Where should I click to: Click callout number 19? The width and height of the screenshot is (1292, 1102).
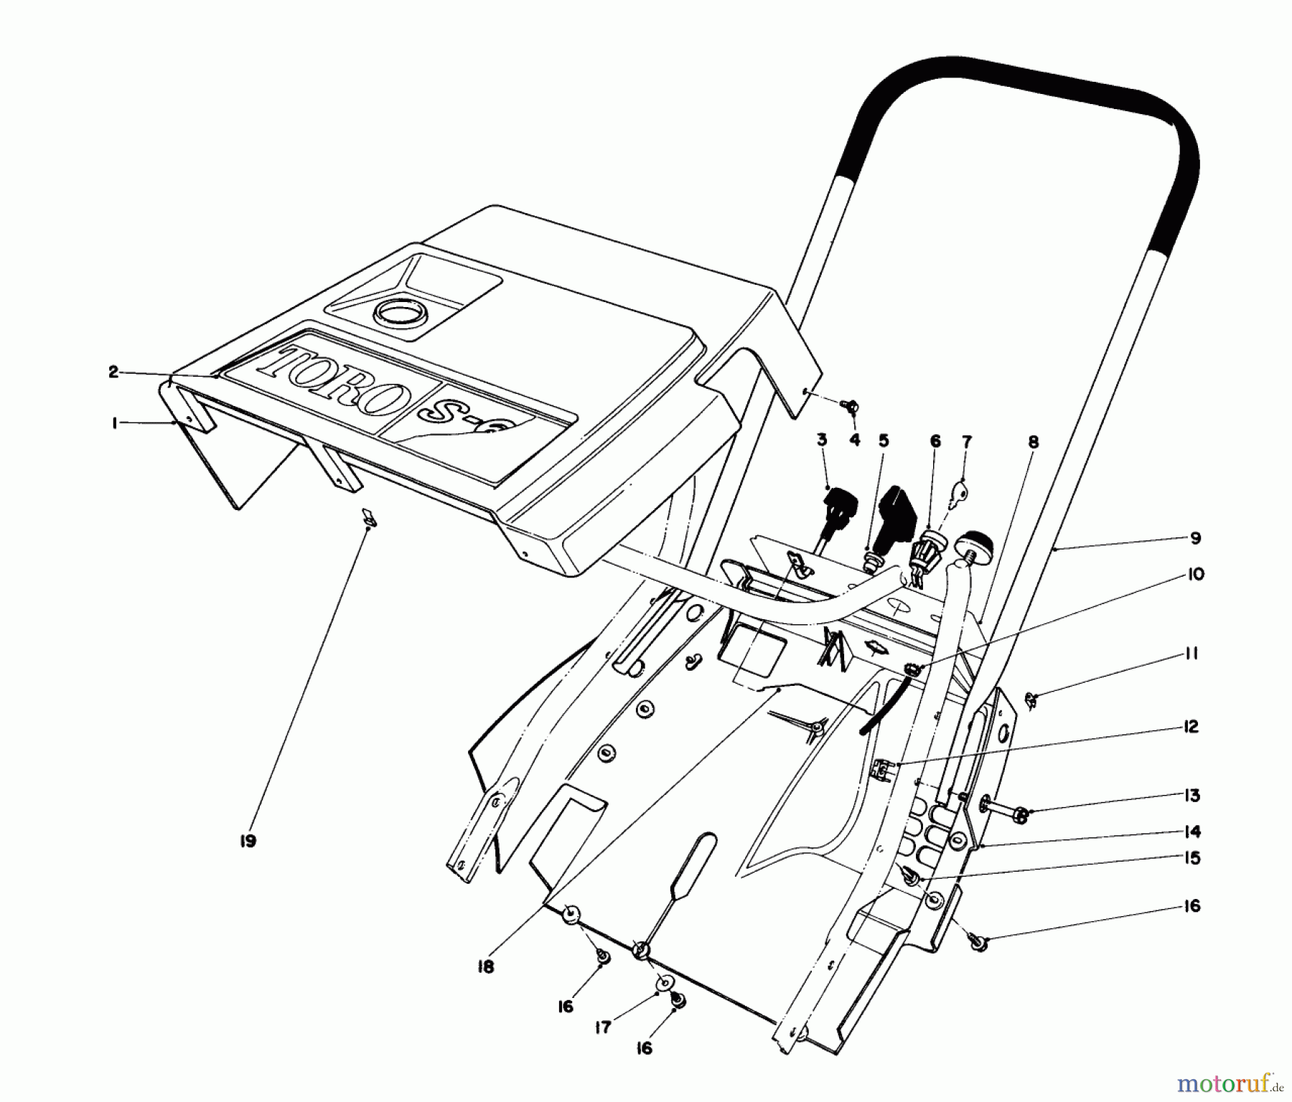click(x=247, y=841)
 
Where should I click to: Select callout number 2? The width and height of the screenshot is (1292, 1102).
click(x=113, y=372)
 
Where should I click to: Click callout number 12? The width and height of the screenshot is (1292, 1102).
click(x=1192, y=727)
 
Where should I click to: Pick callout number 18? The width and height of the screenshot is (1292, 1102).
click(x=485, y=967)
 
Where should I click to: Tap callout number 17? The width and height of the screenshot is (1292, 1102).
click(x=603, y=1028)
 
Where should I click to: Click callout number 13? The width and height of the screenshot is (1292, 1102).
click(x=1192, y=795)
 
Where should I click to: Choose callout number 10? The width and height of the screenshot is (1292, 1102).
click(x=1195, y=574)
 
